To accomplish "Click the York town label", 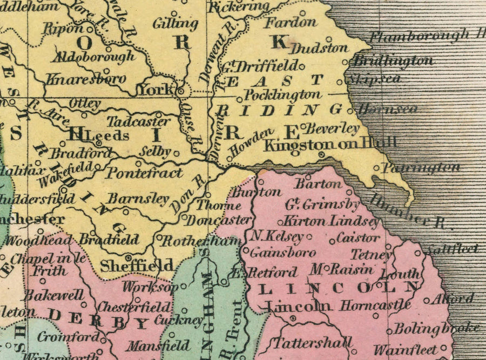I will (x=157, y=90).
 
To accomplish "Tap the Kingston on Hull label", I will (x=330, y=144).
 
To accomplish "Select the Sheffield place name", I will (x=137, y=266).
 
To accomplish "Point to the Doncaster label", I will (x=219, y=220).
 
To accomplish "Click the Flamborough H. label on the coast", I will (x=427, y=37).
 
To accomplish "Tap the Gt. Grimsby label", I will (x=322, y=205).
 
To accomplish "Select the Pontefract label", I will (x=144, y=173).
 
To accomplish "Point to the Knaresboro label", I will (x=86, y=79).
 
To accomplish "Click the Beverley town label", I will (x=332, y=128).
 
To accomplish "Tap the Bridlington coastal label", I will (x=393, y=61).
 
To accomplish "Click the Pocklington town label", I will (x=282, y=96).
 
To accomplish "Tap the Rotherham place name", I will (x=201, y=241).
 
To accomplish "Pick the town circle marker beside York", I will (x=181, y=91).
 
